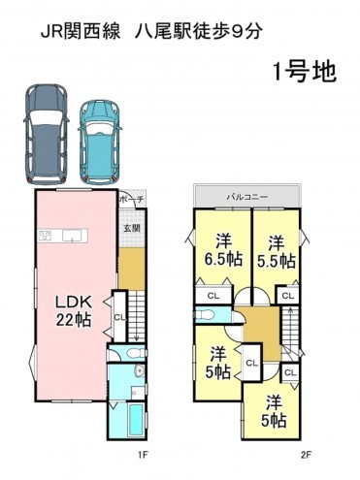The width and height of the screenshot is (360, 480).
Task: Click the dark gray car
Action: pyautogui.click(x=47, y=134)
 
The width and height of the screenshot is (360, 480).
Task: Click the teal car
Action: pyautogui.click(x=100, y=143)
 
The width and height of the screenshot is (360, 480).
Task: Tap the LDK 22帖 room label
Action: pyautogui.click(x=74, y=311)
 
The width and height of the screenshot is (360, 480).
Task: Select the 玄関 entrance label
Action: pyautogui.click(x=132, y=228)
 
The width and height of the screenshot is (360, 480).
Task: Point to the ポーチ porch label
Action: pyautogui.click(x=132, y=200)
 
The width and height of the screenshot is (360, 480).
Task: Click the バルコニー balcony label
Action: pyautogui.click(x=247, y=197)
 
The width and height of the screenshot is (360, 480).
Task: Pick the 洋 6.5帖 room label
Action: pyautogui.click(x=223, y=251)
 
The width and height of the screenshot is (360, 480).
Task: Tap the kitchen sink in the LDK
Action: pyautogui.click(x=72, y=236)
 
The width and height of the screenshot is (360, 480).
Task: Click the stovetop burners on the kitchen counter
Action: pyautogui.click(x=45, y=236)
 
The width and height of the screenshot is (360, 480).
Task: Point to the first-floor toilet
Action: pyautogui.click(x=135, y=353)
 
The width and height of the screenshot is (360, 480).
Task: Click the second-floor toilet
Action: pyautogui.click(x=206, y=314)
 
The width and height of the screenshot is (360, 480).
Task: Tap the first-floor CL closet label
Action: pyautogui.click(x=119, y=317)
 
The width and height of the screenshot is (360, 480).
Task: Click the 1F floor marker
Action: pyautogui.click(x=143, y=456)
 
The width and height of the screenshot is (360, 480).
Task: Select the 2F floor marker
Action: pyautogui.click(x=306, y=456)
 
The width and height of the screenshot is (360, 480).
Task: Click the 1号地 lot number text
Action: pyautogui.click(x=305, y=72)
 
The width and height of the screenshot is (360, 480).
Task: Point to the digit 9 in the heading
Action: pyautogui.click(x=237, y=32)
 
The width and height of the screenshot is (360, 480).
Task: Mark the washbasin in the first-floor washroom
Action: pyautogui.click(x=140, y=370)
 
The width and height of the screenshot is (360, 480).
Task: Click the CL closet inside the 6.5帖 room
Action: pyautogui.click(x=213, y=295)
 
